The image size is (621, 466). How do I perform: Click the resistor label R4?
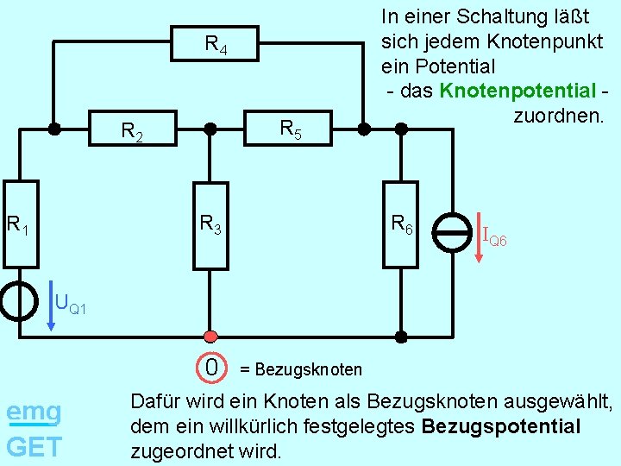pyautogui.click(x=216, y=45)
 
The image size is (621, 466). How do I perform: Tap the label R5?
pyautogui.click(x=292, y=130)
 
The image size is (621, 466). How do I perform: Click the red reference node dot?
pyautogui.click(x=210, y=335)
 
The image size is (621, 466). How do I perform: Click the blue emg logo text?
pyautogui.click(x=34, y=412)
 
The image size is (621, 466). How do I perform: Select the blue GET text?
pyautogui.click(x=34, y=446)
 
